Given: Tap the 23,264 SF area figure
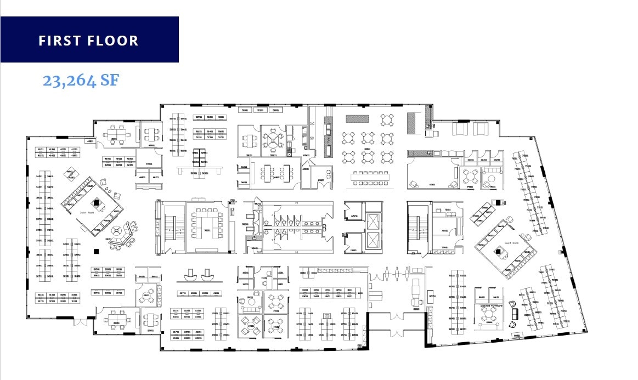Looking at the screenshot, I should pyautogui.click(x=81, y=81).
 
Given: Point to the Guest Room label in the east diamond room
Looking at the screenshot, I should pyautogui.click(x=511, y=242).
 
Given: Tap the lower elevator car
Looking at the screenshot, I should pyautogui.click(x=374, y=242).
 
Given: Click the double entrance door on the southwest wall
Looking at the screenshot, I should pyautogui.click(x=81, y=322).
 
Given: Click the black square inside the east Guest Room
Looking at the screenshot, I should pyautogui.click(x=499, y=252).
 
